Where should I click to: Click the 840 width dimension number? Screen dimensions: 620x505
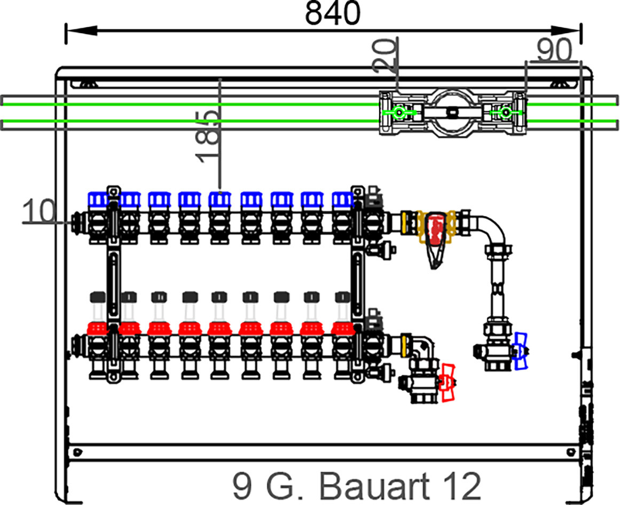333,13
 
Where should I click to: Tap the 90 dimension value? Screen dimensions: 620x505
554,50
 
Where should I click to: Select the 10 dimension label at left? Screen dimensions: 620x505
39,211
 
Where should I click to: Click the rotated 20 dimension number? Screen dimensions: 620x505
384,55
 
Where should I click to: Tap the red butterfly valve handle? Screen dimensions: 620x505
448,383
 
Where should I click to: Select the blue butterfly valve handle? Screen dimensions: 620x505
520,352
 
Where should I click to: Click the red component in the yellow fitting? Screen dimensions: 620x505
435,230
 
